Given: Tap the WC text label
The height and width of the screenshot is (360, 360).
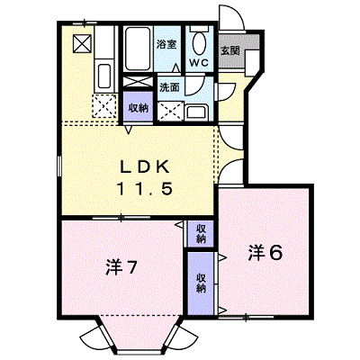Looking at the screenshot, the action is tap(198, 63).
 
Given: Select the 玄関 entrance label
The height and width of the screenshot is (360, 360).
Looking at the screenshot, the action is tap(230, 50).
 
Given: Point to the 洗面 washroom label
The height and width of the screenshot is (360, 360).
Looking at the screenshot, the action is tap(169, 87).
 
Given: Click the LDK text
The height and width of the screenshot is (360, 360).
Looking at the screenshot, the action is tap(145, 167).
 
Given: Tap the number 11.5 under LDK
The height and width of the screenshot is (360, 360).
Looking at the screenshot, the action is tap(145, 189).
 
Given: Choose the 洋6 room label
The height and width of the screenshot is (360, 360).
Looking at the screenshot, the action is tap(265, 253).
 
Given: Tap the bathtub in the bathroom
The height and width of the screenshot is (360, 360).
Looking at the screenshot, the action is tap(138, 49).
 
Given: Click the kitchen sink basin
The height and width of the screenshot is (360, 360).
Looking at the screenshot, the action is tap(104, 76).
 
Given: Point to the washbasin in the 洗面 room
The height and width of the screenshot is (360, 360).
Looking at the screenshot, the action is tap(197, 112).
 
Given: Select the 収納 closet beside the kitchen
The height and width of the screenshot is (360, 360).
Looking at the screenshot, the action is tap(139, 107).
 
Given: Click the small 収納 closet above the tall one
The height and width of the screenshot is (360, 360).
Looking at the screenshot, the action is tap(201, 234).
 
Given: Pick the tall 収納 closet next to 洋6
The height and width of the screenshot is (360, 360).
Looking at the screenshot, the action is tap(201, 283).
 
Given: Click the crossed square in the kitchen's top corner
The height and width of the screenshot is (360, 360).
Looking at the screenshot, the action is tap(82, 44).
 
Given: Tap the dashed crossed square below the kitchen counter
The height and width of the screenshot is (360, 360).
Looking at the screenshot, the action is tap(104, 106).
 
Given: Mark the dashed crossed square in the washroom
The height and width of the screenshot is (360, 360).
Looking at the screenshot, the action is tap(170, 112).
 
